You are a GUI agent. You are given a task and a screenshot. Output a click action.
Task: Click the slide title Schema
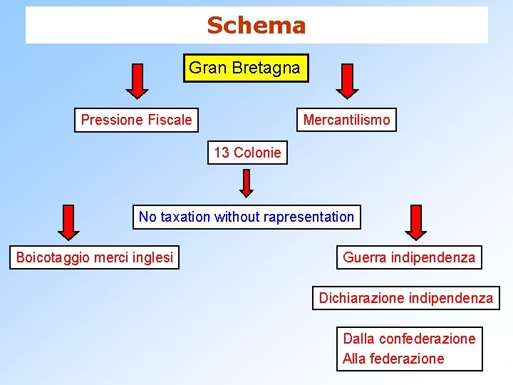(256, 26)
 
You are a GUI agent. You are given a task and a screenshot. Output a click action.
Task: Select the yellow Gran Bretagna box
(245, 68)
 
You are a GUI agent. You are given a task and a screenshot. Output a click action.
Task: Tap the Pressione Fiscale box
(136, 120)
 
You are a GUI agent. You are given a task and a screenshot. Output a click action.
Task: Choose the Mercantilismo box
(346, 120)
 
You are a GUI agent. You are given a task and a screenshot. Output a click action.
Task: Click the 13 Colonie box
(247, 153)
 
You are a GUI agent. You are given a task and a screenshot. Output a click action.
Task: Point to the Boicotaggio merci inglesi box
(94, 257)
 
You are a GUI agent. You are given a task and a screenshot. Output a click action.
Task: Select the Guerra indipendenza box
(409, 257)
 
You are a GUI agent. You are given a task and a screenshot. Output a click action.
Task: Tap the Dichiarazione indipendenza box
(405, 298)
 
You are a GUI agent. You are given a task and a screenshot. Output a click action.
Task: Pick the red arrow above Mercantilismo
(347, 80)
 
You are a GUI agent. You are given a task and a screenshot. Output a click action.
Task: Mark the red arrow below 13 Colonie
(246, 183)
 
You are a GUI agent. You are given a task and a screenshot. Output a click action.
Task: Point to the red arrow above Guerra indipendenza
(415, 222)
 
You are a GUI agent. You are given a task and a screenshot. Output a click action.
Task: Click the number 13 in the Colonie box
(222, 153)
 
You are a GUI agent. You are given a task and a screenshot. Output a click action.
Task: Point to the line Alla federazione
(393, 359)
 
